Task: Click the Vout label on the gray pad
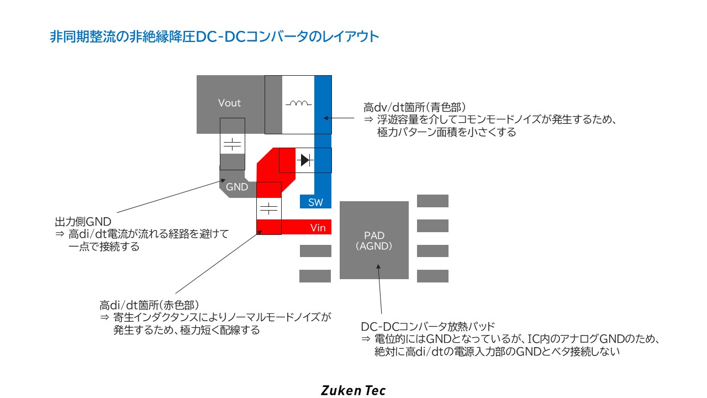(229, 103)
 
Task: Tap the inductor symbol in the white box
(299, 103)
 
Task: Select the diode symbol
(305, 160)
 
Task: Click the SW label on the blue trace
(315, 202)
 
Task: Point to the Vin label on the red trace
(318, 228)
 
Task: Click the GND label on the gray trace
(237, 187)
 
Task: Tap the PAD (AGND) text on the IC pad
(374, 240)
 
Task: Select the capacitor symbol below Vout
(233, 144)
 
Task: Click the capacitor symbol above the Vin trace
(268, 209)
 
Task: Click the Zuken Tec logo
(353, 390)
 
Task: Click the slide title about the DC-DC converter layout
(214, 36)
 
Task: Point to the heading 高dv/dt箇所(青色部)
(415, 107)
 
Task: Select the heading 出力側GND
(83, 222)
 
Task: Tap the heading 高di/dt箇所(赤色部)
(149, 305)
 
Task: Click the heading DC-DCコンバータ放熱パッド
(428, 326)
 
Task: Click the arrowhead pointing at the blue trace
(326, 118)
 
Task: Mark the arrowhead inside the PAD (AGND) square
(378, 267)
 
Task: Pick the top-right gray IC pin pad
(432, 201)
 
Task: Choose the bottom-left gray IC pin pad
(315, 276)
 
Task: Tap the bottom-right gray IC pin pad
(432, 276)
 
